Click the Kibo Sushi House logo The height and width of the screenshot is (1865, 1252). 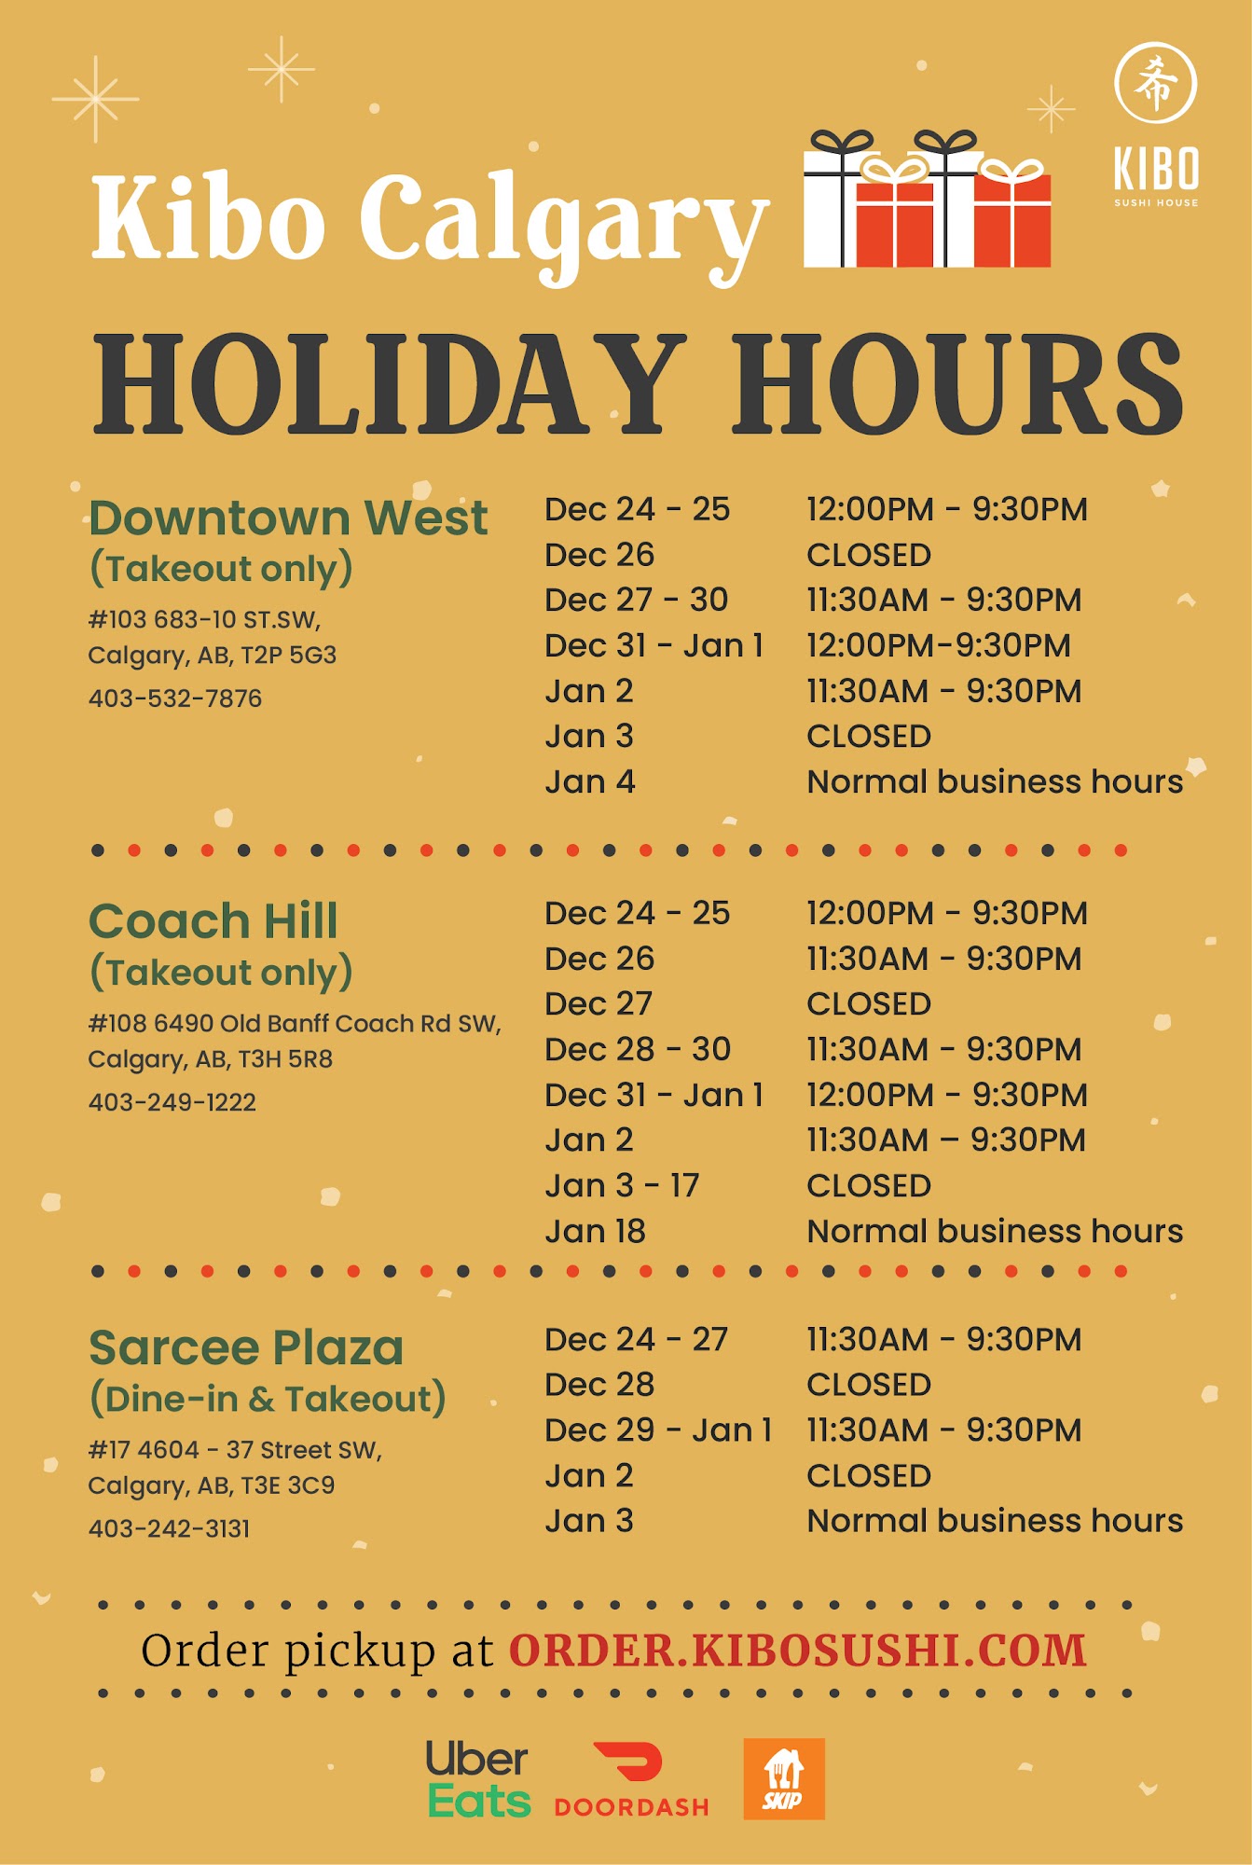pyautogui.click(x=1156, y=124)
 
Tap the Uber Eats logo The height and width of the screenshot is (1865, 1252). pyautogui.click(x=478, y=1779)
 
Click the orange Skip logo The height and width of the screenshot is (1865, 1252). pyautogui.click(x=784, y=1778)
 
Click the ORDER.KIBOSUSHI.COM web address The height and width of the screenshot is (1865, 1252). pyautogui.click(x=798, y=1651)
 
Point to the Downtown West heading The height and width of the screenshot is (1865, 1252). pyautogui.click(x=288, y=518)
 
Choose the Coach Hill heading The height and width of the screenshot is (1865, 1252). pyautogui.click(x=213, y=921)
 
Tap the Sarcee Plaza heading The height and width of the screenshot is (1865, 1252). pyautogui.click(x=246, y=1348)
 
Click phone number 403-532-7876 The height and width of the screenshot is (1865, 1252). pyautogui.click(x=175, y=698)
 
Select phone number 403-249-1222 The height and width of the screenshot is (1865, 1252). pyautogui.click(x=172, y=1102)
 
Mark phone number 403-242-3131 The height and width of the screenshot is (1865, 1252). pyautogui.click(x=170, y=1528)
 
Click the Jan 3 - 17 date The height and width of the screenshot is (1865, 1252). pyautogui.click(x=622, y=1185)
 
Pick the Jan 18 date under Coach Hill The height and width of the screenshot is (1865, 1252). pyautogui.click(x=595, y=1231)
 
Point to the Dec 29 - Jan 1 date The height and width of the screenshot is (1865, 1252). pyautogui.click(x=658, y=1430)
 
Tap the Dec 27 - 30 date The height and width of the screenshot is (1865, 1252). pyautogui.click(x=636, y=600)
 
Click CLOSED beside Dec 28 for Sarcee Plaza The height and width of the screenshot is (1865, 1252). pyautogui.click(x=869, y=1385)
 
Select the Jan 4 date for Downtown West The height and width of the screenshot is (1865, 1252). pyautogui.click(x=590, y=781)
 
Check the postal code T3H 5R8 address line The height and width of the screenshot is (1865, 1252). pyautogui.click(x=210, y=1059)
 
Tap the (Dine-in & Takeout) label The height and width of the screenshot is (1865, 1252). pyautogui.click(x=268, y=1399)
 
